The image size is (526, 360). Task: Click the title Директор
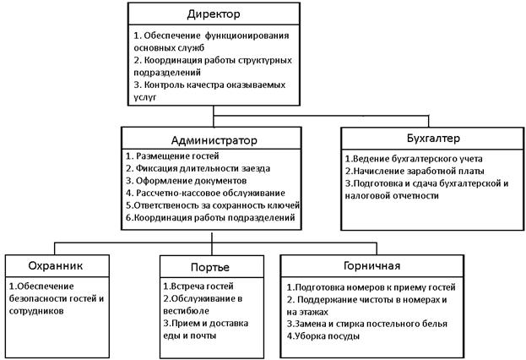(x=214, y=14)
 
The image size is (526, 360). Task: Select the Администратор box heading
(x=214, y=140)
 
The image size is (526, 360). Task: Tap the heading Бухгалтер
(x=433, y=139)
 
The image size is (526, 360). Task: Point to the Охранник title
(x=56, y=266)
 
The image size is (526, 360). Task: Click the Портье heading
(x=210, y=267)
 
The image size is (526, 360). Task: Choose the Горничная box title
(x=372, y=266)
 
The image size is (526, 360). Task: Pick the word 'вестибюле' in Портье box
(x=187, y=311)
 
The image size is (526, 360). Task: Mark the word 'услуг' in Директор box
(x=145, y=97)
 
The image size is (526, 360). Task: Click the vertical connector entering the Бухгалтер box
(x=428, y=121)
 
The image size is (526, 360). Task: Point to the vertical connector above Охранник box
(x=55, y=248)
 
